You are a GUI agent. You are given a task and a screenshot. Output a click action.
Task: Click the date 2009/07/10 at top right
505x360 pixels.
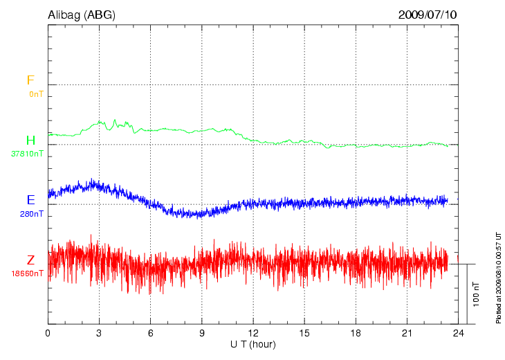[428, 14]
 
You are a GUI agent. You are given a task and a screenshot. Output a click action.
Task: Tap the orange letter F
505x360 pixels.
[30, 80]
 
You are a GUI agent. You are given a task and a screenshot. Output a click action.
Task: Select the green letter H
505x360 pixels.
[30, 141]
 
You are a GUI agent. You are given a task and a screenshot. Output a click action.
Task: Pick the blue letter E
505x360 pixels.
[30, 200]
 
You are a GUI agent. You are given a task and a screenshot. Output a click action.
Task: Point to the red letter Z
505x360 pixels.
[30, 260]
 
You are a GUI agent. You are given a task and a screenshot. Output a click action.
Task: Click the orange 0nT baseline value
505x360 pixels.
[36, 93]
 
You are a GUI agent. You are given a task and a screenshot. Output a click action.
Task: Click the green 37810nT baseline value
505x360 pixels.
[28, 154]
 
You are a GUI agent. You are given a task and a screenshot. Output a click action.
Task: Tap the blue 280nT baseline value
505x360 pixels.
[32, 214]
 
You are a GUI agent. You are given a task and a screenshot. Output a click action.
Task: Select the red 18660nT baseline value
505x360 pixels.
[28, 273]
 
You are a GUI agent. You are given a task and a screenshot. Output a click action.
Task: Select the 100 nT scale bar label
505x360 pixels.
[475, 294]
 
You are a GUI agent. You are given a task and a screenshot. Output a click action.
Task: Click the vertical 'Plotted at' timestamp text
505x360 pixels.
[497, 277]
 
